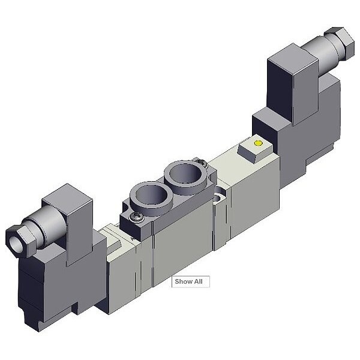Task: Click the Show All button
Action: pyautogui.click(x=191, y=281)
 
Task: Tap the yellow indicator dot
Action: pyautogui.click(x=258, y=143)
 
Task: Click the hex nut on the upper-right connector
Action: pyautogui.click(x=340, y=43)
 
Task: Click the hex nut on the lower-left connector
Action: pyautogui.click(x=20, y=241)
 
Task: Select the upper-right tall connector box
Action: pyautogui.click(x=293, y=84)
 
